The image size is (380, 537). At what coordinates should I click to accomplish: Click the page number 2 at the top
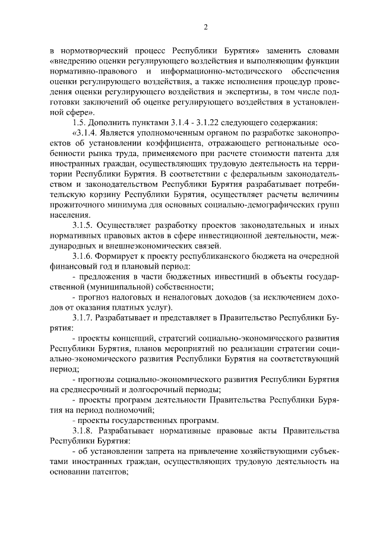point(205,27)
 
